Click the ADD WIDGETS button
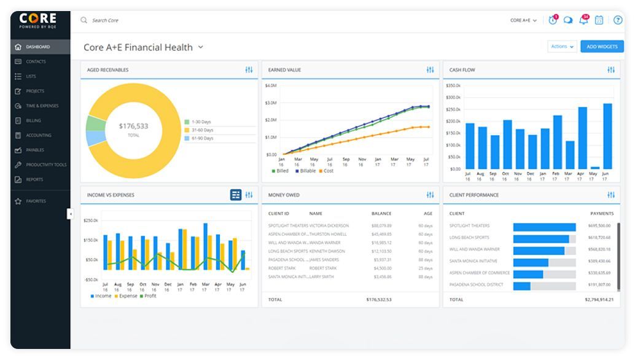(x=601, y=47)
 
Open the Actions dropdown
(x=562, y=47)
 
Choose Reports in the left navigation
(x=34, y=179)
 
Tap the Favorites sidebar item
(x=35, y=201)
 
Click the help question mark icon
(x=618, y=20)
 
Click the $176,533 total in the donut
(x=133, y=126)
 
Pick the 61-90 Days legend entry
(x=202, y=138)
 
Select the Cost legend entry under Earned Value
(x=328, y=171)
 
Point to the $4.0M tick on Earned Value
(x=271, y=85)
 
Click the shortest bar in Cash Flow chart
(x=594, y=167)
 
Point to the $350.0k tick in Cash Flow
(x=453, y=85)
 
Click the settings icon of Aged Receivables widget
(x=249, y=70)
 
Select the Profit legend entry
(x=150, y=296)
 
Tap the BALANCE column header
(x=381, y=213)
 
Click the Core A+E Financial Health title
(x=138, y=47)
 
